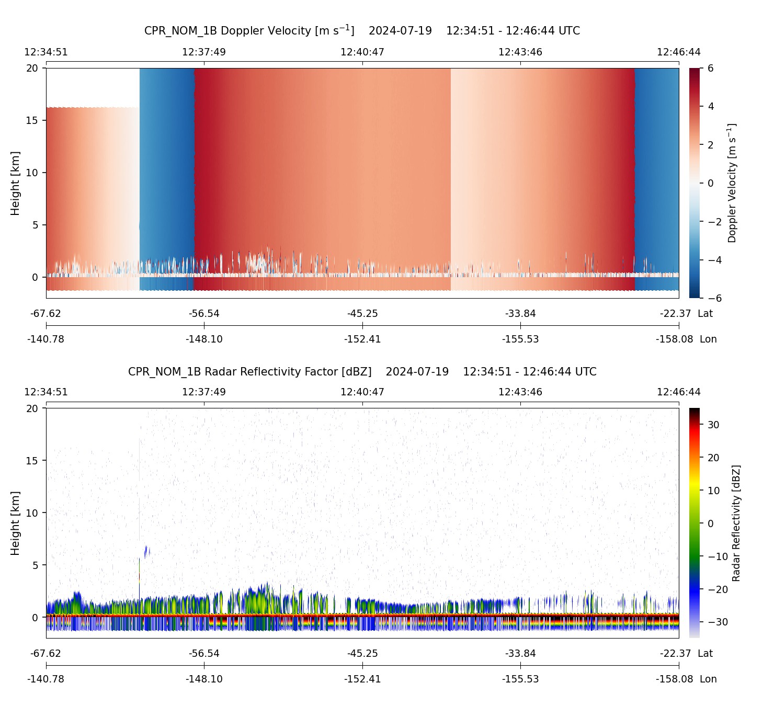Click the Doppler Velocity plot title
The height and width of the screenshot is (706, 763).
point(362,30)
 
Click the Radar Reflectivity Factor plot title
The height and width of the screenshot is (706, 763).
point(362,372)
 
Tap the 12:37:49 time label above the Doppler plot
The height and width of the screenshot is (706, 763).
point(204,52)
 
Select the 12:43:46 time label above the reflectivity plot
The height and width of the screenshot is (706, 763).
point(520,392)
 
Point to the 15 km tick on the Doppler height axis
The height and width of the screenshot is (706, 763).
point(32,120)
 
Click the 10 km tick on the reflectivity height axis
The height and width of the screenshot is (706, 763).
point(32,513)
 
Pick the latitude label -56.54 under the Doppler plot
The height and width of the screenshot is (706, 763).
point(204,314)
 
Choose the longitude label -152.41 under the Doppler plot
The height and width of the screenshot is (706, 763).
point(362,339)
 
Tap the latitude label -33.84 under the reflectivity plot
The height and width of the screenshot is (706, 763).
point(520,654)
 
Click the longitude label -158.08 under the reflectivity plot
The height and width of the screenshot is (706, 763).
point(674,679)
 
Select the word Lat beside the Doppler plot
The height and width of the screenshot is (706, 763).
point(705,314)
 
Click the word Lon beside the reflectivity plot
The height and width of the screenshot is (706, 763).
point(708,679)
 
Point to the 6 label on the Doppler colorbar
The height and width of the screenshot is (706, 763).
point(711,69)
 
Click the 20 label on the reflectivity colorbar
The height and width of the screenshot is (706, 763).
point(714,458)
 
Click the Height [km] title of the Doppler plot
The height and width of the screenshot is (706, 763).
point(15,183)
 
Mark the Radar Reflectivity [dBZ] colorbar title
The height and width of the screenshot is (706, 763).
point(736,523)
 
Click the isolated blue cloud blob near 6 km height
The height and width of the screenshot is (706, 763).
point(146,551)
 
